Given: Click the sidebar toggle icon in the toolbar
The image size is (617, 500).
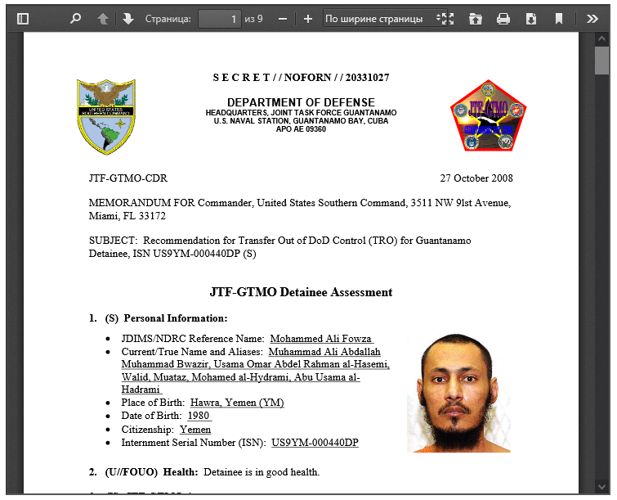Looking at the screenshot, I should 23,18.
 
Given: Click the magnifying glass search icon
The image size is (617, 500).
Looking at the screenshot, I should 75,18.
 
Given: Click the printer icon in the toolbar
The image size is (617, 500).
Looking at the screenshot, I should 503,18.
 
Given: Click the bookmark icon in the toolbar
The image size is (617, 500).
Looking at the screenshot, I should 559,18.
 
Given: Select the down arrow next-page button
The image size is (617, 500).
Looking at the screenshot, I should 127,18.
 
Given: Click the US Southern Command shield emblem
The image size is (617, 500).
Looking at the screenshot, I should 105,117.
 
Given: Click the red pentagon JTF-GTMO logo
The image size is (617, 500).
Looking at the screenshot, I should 488,116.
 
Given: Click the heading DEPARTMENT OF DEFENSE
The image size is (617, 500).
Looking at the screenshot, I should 301,102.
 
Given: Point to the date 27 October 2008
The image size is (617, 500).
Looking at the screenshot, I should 476,178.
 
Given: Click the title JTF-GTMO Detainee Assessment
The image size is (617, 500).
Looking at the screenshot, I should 301,292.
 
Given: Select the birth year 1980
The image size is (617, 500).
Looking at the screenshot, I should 199,416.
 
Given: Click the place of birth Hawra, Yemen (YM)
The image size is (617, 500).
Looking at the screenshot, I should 237,403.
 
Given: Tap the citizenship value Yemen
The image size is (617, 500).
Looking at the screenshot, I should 195,429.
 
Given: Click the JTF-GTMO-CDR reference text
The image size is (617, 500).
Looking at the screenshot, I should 128,178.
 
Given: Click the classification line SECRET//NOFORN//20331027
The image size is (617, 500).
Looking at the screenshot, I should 301,78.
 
